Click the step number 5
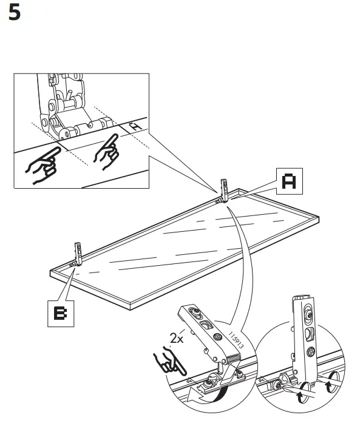click(x=14, y=13)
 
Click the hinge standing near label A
click(x=223, y=191)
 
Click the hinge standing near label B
click(x=77, y=254)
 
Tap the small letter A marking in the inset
click(x=136, y=126)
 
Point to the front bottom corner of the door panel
click(x=51, y=274)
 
